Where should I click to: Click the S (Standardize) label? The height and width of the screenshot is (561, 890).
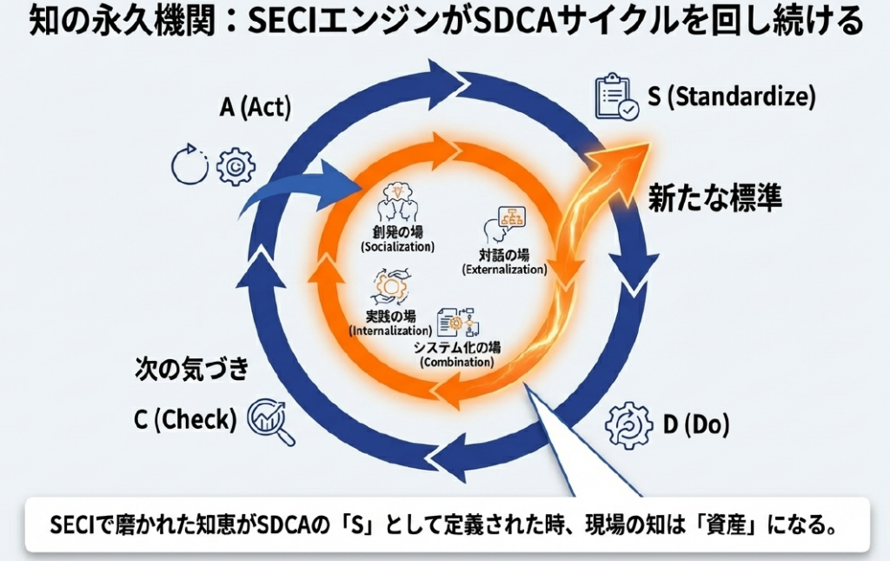pyautogui.click(x=732, y=97)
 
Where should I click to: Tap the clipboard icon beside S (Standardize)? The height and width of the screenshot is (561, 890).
pyautogui.click(x=616, y=97)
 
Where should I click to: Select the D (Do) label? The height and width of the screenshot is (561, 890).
pyautogui.click(x=696, y=424)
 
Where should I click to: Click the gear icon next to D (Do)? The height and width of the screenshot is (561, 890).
pyautogui.click(x=628, y=424)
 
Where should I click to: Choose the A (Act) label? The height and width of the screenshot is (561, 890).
pyautogui.click(x=256, y=108)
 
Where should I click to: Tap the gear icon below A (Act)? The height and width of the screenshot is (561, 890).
pyautogui.click(x=235, y=167)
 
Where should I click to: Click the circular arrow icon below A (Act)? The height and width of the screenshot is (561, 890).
pyautogui.click(x=189, y=166)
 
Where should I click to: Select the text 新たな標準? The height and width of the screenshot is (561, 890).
pyautogui.click(x=715, y=199)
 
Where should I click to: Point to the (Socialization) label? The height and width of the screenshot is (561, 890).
pyautogui.click(x=397, y=247)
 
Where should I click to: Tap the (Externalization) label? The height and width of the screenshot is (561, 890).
pyautogui.click(x=504, y=270)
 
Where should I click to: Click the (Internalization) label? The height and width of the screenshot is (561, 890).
pyautogui.click(x=390, y=331)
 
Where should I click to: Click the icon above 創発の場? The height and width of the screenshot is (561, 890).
pyautogui.click(x=396, y=202)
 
